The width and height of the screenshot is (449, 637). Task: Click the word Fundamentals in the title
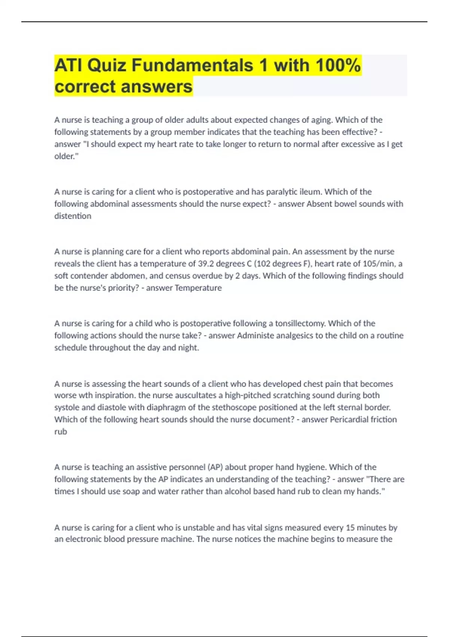(192, 65)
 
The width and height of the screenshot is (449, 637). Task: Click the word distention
(73, 216)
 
